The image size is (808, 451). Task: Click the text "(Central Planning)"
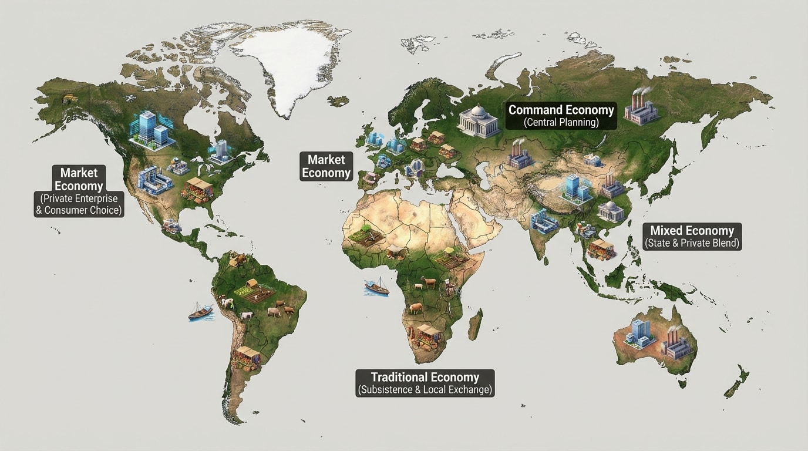point(561,123)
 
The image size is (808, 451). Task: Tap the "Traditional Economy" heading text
point(425,377)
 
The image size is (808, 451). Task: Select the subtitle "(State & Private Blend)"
point(692,243)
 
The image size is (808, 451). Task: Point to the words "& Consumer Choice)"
point(79,210)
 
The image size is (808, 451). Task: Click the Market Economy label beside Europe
point(326,166)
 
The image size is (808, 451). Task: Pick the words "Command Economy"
point(561,110)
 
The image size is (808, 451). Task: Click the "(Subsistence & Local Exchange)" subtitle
point(425,389)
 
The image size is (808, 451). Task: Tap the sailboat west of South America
point(200,311)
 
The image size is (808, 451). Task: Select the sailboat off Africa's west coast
point(376,287)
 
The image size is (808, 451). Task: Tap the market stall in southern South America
point(247,356)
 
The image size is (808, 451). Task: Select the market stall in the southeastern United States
point(198,189)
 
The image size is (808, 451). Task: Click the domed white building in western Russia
point(478,121)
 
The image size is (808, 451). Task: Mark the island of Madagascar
point(475,324)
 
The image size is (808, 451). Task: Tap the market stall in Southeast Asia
point(601,248)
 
